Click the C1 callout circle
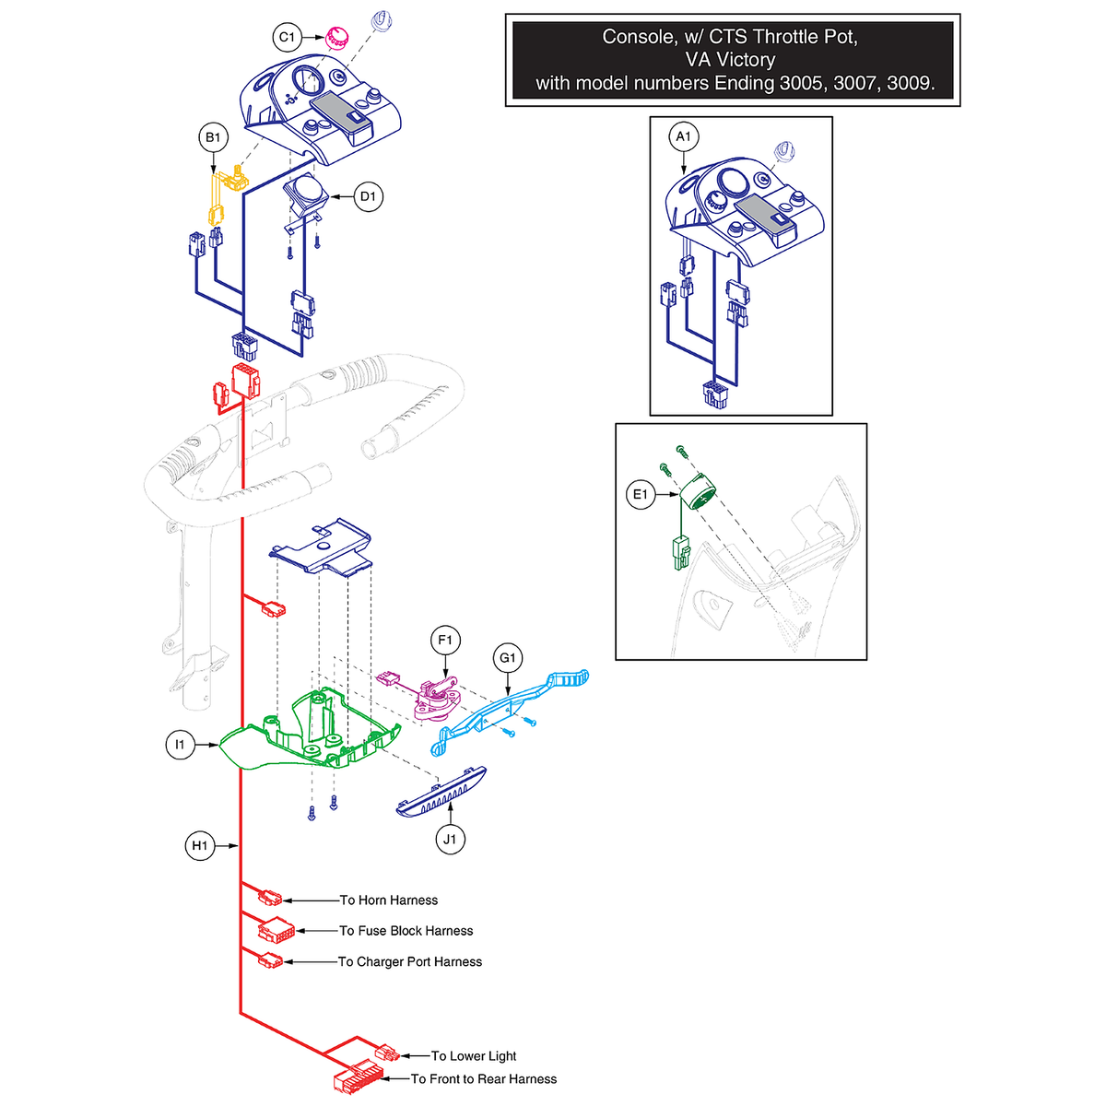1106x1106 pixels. pos(287,37)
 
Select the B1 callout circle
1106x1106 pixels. pos(213,137)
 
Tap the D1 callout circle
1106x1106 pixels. pos(368,197)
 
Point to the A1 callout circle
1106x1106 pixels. pos(683,136)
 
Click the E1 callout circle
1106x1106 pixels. pos(640,494)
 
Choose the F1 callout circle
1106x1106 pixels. pos(445,640)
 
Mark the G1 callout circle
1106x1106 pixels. pos(508,658)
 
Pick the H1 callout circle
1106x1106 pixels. pos(200,845)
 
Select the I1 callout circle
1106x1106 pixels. pos(180,745)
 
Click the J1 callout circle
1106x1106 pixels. pos(450,839)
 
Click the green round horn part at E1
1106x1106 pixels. pos(698,492)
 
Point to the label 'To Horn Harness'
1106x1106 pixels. pos(389,900)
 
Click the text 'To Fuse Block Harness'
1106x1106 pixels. pos(406,930)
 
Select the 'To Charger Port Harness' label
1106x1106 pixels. pos(410,961)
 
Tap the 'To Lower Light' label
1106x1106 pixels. pos(474,1055)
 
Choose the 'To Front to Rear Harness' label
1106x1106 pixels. pos(484,1078)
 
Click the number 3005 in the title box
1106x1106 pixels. pos(803,83)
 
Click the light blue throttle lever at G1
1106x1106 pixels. pos(510,711)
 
